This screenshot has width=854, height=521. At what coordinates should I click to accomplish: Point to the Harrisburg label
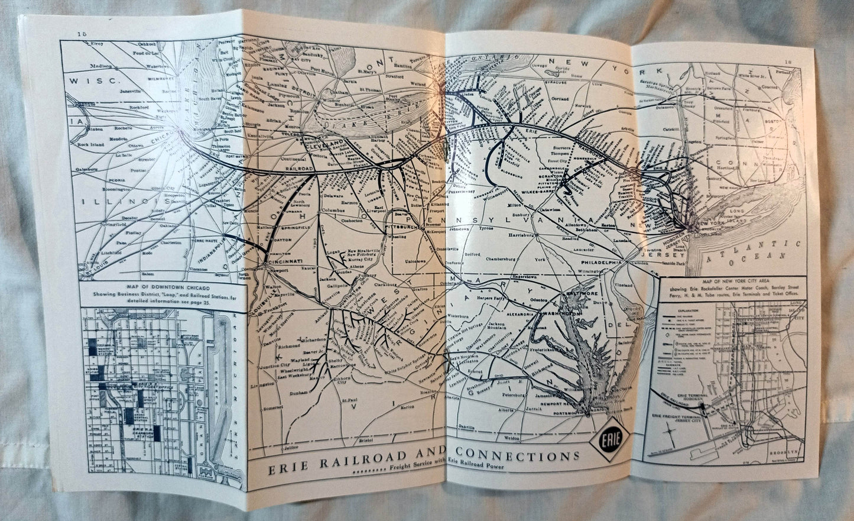522,235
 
